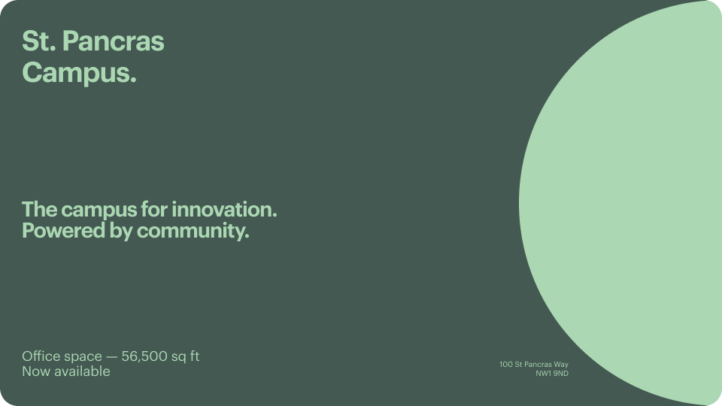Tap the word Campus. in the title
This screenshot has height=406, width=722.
click(x=79, y=73)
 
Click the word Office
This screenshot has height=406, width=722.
click(x=41, y=356)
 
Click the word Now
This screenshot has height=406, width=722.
click(x=35, y=371)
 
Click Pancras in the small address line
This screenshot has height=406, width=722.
click(x=538, y=365)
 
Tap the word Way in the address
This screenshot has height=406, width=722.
click(x=561, y=365)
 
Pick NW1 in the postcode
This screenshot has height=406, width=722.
click(x=543, y=373)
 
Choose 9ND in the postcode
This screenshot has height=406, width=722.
click(x=561, y=373)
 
